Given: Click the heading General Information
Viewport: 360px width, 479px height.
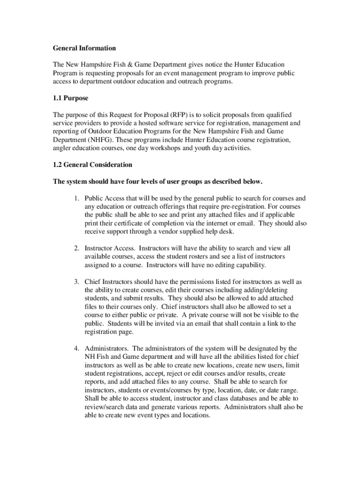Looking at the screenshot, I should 84,48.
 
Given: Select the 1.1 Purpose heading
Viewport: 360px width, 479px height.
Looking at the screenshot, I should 71,99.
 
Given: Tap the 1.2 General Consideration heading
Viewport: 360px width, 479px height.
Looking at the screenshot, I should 93,165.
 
